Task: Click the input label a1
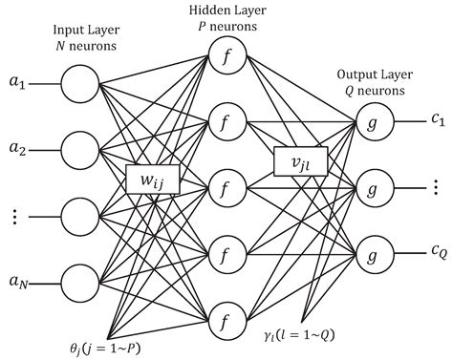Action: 17,84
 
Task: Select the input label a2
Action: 17,149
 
